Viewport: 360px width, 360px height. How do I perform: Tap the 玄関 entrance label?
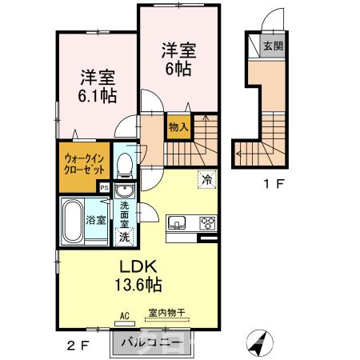(x=272, y=46)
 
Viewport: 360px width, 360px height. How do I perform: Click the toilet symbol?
(x=124, y=165)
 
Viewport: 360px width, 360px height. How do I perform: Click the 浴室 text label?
(x=97, y=220)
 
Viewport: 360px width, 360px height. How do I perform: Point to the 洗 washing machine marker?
(x=124, y=237)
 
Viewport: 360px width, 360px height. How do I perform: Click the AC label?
(x=124, y=315)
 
